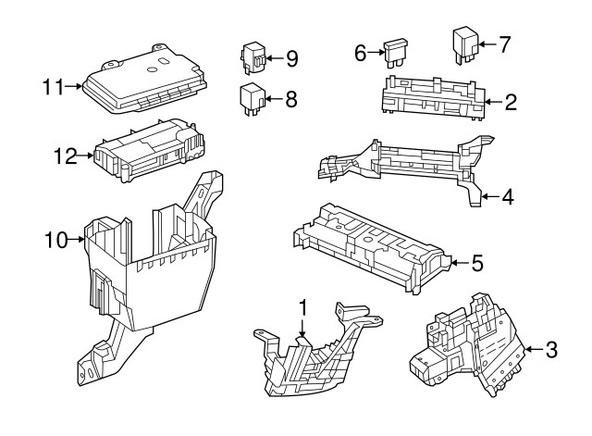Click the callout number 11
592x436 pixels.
click(x=52, y=88)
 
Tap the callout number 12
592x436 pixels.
click(x=64, y=156)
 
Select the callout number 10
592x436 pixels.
click(x=55, y=241)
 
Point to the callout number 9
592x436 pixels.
click(x=291, y=59)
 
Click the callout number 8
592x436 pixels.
click(x=291, y=98)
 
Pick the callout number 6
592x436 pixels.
click(x=361, y=53)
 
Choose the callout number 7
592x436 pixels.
click(x=504, y=43)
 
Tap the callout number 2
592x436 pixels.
click(x=510, y=102)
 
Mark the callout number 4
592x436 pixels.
click(x=510, y=196)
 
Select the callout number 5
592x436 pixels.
click(x=477, y=263)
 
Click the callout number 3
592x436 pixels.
click(x=551, y=350)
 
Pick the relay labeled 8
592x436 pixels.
click(x=252, y=97)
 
